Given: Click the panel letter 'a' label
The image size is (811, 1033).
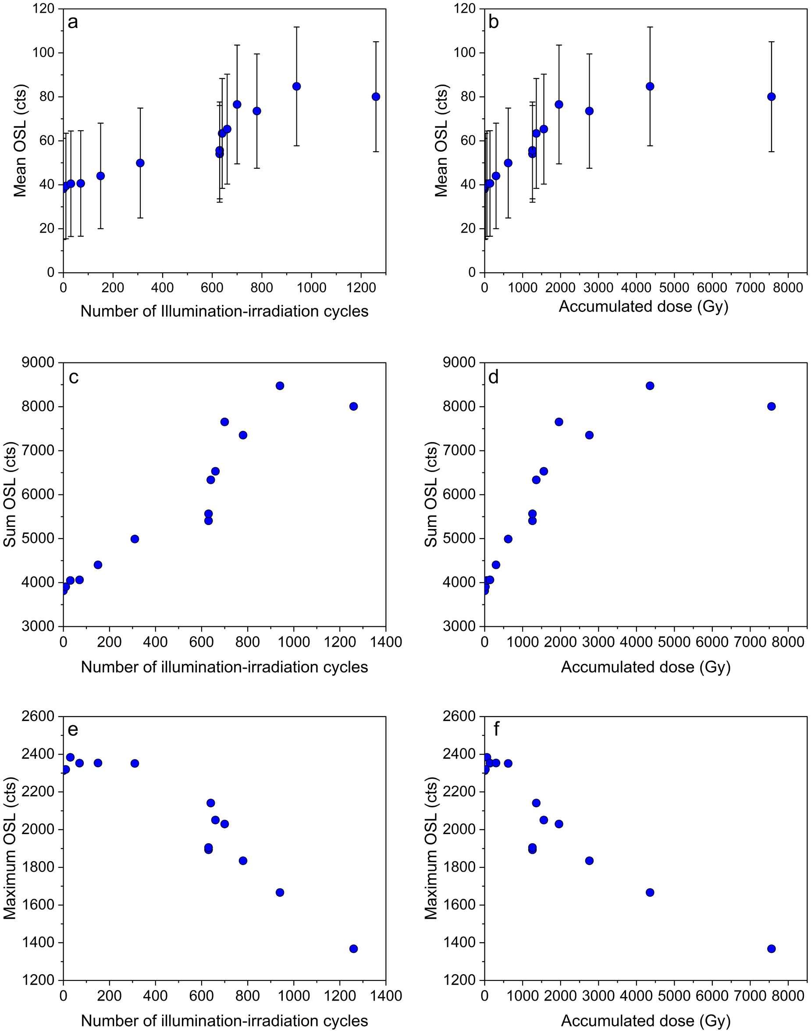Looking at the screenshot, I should pyautogui.click(x=73, y=22).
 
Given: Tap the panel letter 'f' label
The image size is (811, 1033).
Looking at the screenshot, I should pyautogui.click(x=497, y=729).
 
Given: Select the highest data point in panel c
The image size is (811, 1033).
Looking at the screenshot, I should pyautogui.click(x=280, y=386).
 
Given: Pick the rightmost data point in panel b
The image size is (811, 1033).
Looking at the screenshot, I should pyautogui.click(x=771, y=96).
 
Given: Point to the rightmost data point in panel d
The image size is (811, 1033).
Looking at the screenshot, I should pyautogui.click(x=771, y=406).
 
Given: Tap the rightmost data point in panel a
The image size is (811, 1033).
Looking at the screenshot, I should pyautogui.click(x=376, y=96).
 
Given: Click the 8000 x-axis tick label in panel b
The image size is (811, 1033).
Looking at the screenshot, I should pyautogui.click(x=788, y=288).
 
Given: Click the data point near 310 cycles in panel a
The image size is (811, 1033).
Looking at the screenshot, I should pyautogui.click(x=140, y=163).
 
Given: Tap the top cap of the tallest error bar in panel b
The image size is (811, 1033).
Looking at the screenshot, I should pyautogui.click(x=650, y=27).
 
